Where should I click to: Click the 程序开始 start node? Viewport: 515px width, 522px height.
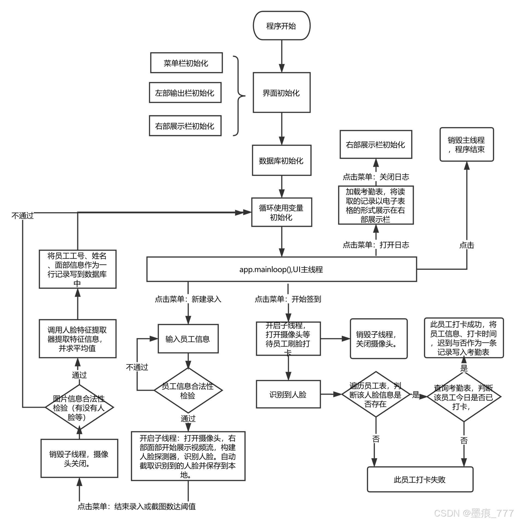[x=281, y=26]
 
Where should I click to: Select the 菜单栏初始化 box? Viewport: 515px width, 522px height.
[x=186, y=63]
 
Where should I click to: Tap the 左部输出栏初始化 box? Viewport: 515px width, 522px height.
[x=185, y=93]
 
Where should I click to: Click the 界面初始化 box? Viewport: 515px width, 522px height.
[x=281, y=93]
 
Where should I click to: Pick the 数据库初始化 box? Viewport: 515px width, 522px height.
[x=281, y=160]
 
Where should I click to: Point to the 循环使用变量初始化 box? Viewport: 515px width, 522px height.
[x=281, y=213]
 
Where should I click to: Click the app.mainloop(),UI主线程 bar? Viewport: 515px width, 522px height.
[x=281, y=269]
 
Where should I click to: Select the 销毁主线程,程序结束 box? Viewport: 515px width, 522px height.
[x=466, y=145]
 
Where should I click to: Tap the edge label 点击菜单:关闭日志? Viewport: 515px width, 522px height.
[x=376, y=177]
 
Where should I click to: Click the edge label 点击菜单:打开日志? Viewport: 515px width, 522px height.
[x=376, y=245]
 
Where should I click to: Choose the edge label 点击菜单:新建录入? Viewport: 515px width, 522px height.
[x=188, y=299]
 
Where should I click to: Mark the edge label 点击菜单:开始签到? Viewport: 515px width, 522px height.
[x=288, y=299]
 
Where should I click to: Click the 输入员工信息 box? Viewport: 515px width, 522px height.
[x=188, y=339]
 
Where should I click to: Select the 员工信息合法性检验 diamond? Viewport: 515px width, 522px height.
[x=188, y=390]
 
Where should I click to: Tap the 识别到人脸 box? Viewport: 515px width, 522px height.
[x=288, y=394]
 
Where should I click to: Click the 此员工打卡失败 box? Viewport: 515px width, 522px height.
[x=420, y=479]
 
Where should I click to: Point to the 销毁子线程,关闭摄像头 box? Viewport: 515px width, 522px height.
[x=379, y=339]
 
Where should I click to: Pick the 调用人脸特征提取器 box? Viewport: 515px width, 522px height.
[x=77, y=339]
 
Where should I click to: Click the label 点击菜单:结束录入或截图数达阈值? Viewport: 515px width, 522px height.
[x=137, y=506]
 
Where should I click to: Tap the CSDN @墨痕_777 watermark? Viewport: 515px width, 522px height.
[x=473, y=513]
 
